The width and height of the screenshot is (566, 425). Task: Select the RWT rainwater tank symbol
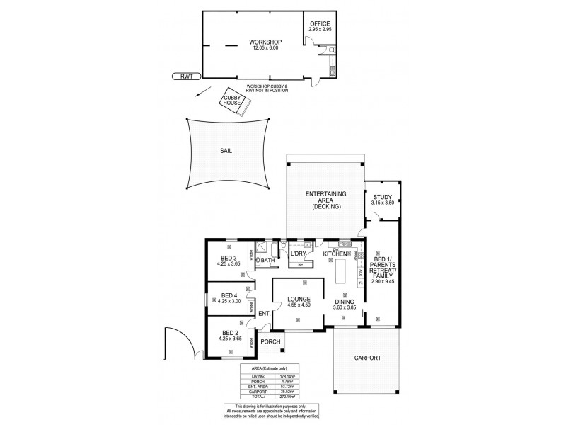pos(186,75)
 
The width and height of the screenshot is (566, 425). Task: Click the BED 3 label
pos(228,258)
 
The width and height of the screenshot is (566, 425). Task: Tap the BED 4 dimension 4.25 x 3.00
pos(228,302)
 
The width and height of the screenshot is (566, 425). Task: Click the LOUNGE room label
pos(299,300)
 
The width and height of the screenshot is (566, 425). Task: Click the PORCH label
pos(271,341)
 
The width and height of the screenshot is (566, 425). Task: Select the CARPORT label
pos(367,358)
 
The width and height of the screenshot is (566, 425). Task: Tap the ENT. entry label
pos(263,314)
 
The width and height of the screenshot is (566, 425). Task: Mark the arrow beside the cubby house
pos(203,93)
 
